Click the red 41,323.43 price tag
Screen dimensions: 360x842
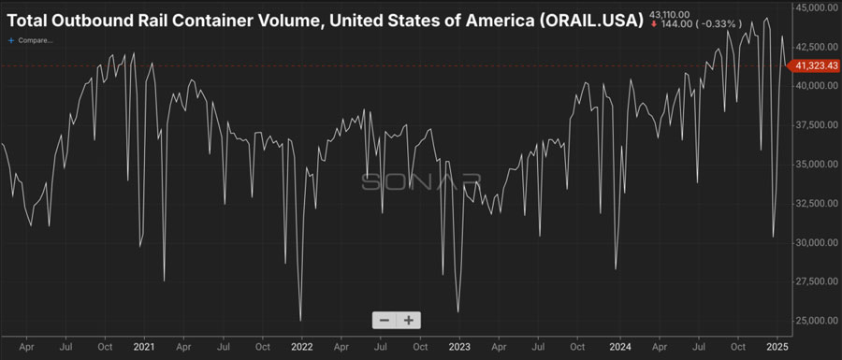(x=816, y=65)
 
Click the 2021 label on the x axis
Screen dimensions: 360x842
(x=145, y=345)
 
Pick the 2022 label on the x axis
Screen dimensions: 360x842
(x=301, y=345)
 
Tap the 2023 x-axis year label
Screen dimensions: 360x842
(x=458, y=345)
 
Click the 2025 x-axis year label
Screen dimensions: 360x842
(x=775, y=345)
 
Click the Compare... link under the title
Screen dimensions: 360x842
(x=34, y=41)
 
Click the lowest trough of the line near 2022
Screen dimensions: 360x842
(x=300, y=321)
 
